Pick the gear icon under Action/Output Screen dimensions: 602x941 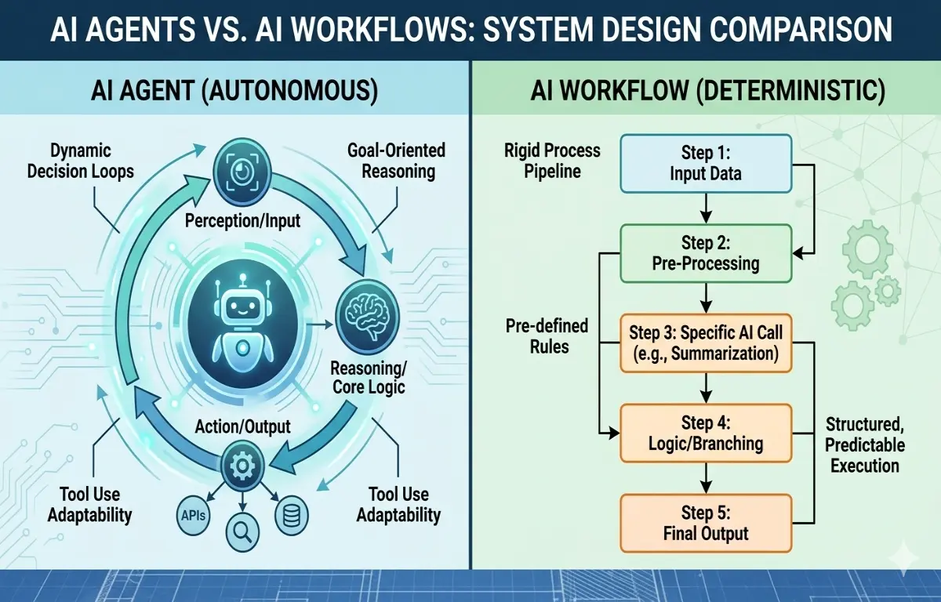tap(241, 466)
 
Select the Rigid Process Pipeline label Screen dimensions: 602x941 tap(552, 161)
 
